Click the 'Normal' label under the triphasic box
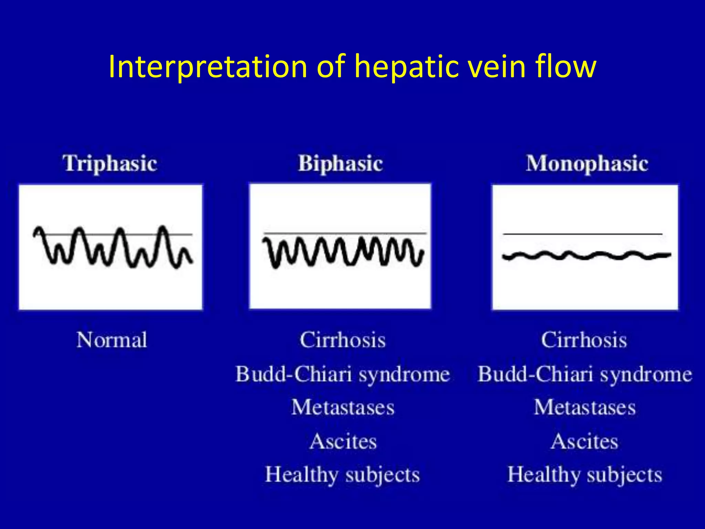[112, 340]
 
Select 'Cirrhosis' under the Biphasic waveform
[343, 340]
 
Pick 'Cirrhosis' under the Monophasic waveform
[584, 340]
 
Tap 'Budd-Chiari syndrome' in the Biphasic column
[343, 374]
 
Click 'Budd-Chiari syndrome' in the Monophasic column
[585, 374]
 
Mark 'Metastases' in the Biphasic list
[343, 407]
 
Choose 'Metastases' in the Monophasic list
[585, 407]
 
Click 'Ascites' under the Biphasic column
[343, 441]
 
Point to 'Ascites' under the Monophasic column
[584, 441]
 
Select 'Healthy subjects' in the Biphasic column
[343, 475]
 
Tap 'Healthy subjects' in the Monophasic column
[585, 475]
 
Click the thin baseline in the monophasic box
[582, 234]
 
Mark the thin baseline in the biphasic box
[344, 233]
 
